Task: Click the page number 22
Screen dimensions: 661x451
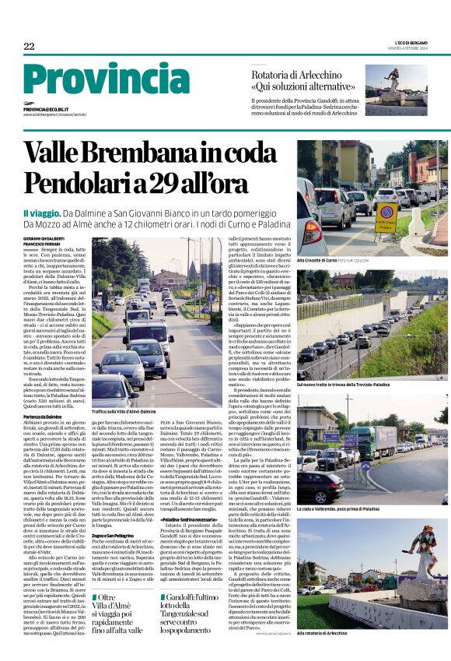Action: coord(29,47)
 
